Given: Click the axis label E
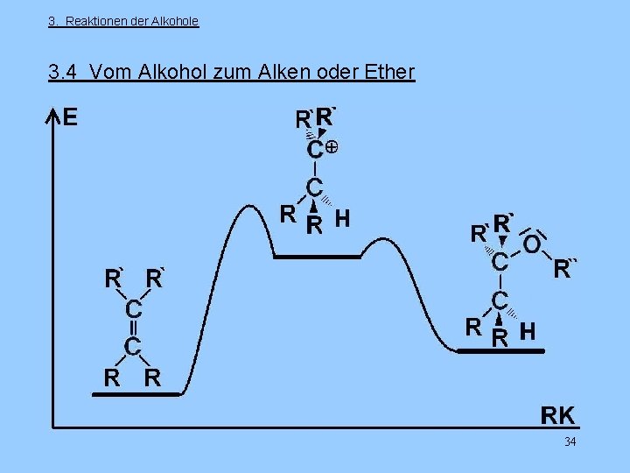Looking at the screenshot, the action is pos(70,117).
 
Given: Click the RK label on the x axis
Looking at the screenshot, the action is pos(557,414).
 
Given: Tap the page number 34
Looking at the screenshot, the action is pos(570,441).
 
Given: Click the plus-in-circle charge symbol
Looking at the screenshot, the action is pos(332,149).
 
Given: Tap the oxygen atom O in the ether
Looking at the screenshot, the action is pos(531,244).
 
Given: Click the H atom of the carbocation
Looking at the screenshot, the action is pos(343,217).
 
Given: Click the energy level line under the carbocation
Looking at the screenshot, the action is pos(317,257).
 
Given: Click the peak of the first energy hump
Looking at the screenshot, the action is pos(255,208).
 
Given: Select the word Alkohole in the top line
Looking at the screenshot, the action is pos(176,21).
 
